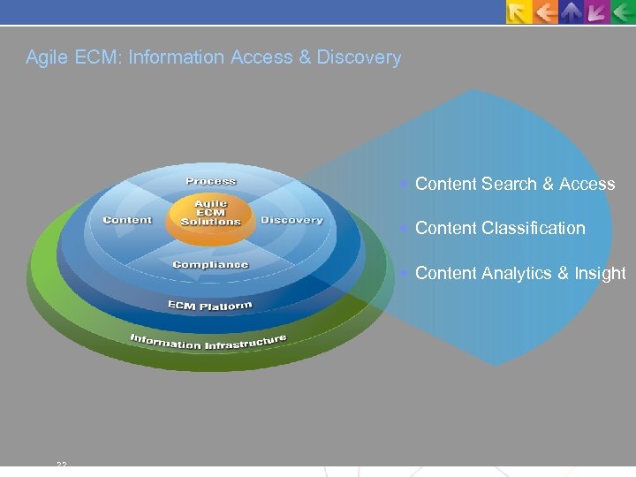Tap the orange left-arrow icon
click(x=547, y=11)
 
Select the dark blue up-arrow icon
click(x=573, y=11)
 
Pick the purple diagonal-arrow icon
click(x=598, y=11)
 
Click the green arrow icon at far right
click(x=623, y=11)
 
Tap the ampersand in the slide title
click(x=305, y=58)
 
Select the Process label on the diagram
click(x=210, y=181)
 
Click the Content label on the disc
click(x=127, y=220)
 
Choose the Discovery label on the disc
click(x=291, y=220)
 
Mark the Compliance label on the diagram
click(x=210, y=264)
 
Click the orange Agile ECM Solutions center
click(x=210, y=214)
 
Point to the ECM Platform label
click(x=209, y=306)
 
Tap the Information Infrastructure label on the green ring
click(x=208, y=341)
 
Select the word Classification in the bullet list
click(x=534, y=229)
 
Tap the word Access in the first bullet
click(x=587, y=185)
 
